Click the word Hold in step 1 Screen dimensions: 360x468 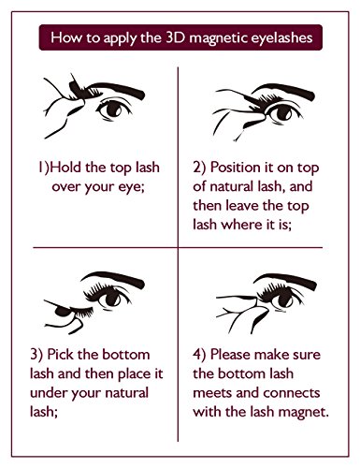[65, 168]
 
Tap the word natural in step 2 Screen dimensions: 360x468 [232, 186]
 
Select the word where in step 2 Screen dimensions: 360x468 [241, 225]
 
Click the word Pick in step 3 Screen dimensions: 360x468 [61, 355]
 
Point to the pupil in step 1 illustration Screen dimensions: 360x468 [112, 109]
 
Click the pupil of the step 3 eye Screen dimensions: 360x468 [111, 299]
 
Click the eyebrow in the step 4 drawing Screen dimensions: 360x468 [287, 280]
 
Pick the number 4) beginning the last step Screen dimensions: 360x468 [199, 355]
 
